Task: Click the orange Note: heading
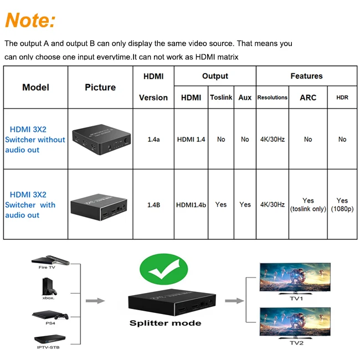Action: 30,20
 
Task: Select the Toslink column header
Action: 221,97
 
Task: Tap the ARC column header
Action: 308,97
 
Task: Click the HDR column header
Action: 342,97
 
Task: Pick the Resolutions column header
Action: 272,97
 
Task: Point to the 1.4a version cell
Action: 153,140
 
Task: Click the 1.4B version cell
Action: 153,204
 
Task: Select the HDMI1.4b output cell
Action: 191,204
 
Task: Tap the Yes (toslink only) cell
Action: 308,204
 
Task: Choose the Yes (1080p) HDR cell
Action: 342,204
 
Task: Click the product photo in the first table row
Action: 100,138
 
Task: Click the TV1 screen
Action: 296,277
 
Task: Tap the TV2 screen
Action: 296,322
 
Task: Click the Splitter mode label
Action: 166,323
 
